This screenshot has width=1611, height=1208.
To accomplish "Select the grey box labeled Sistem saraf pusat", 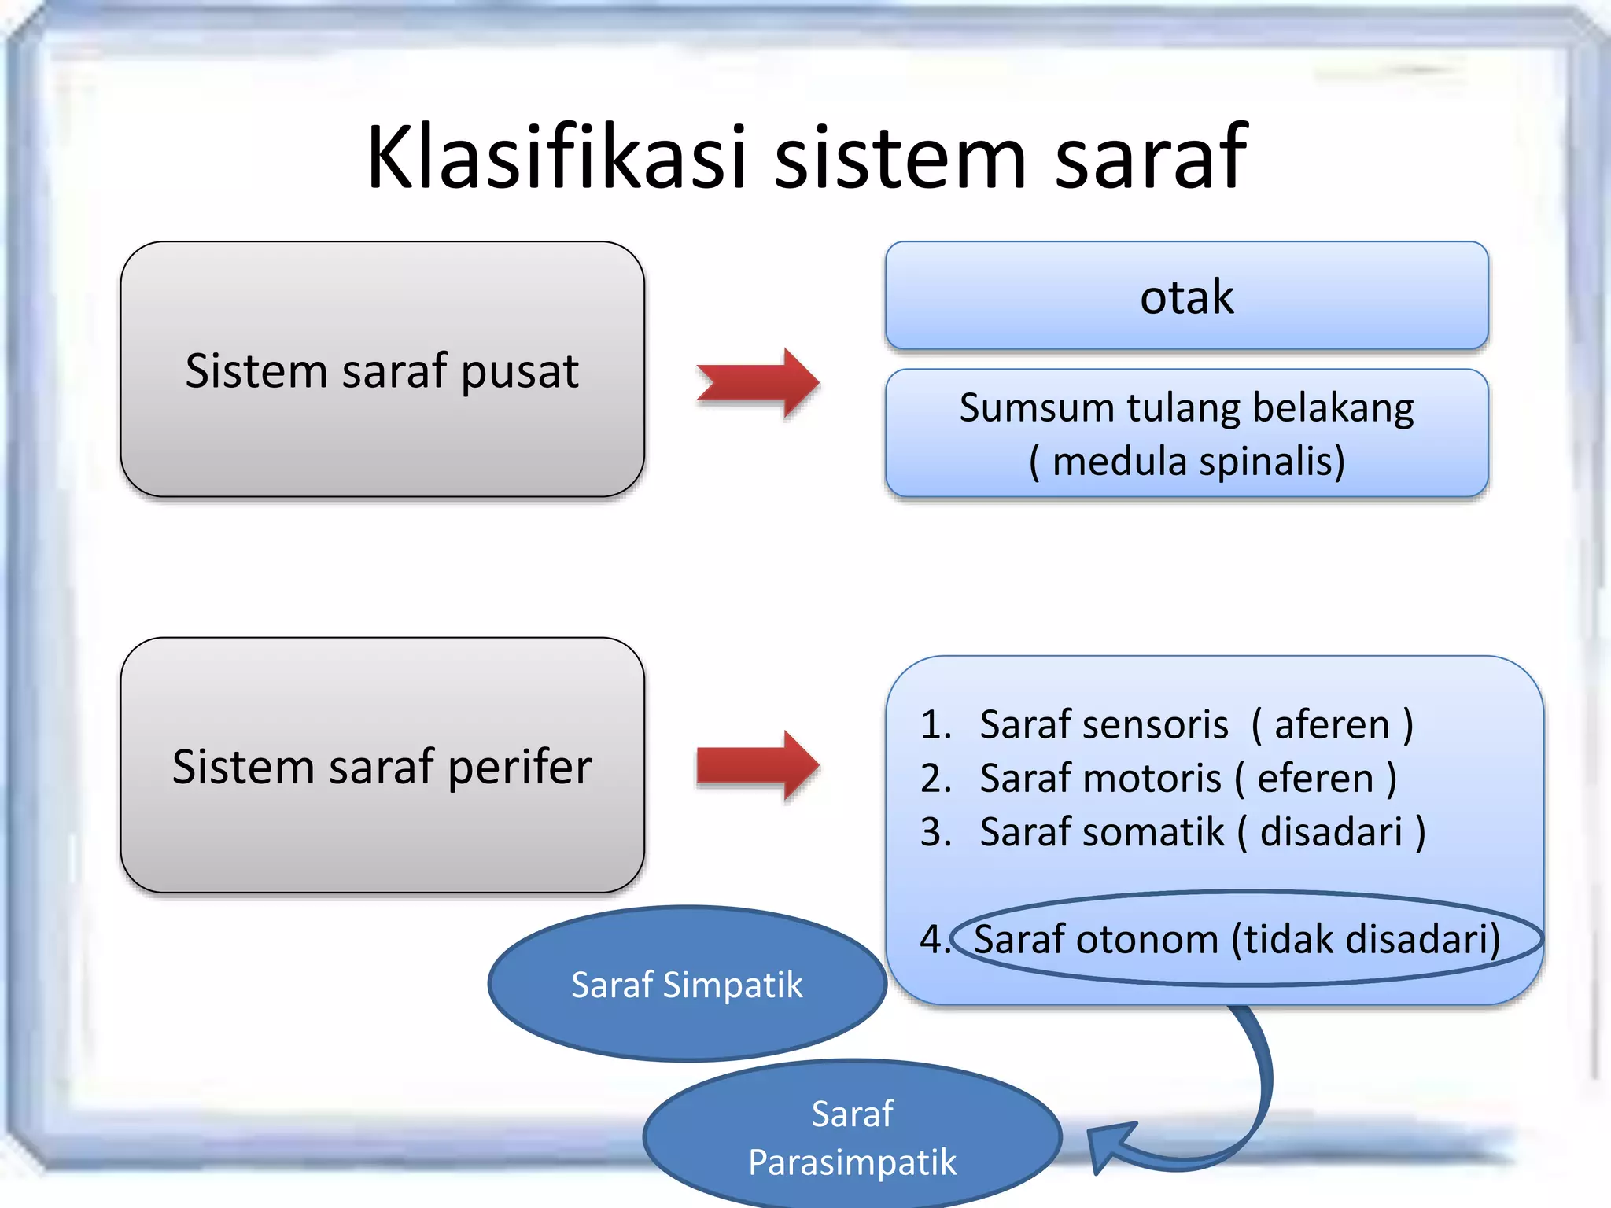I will pos(382,370).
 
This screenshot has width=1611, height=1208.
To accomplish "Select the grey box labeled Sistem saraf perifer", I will pos(382,765).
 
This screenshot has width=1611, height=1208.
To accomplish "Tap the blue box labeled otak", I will pos(1186,296).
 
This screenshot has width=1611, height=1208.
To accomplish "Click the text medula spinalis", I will pos(1197,462).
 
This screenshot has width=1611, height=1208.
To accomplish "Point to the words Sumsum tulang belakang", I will pos(1186,408).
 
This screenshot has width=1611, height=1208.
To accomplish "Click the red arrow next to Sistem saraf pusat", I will pos(758,383).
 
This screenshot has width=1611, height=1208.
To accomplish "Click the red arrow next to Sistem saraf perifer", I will pos(758,765).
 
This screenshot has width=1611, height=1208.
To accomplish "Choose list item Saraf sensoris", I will pos(1103,724).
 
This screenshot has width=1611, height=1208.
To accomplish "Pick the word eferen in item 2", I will pos(1315,779).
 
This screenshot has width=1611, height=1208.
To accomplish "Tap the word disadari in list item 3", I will pos(1331,832).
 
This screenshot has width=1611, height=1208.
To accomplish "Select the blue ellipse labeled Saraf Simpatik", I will pos(687,984).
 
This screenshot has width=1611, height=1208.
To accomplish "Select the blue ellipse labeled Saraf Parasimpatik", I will pos(852,1137).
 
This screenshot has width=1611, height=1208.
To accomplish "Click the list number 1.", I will pos(935,724).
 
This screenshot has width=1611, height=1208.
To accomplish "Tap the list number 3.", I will pos(935,832).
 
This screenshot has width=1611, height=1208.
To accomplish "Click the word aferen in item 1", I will pos(1332,724).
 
